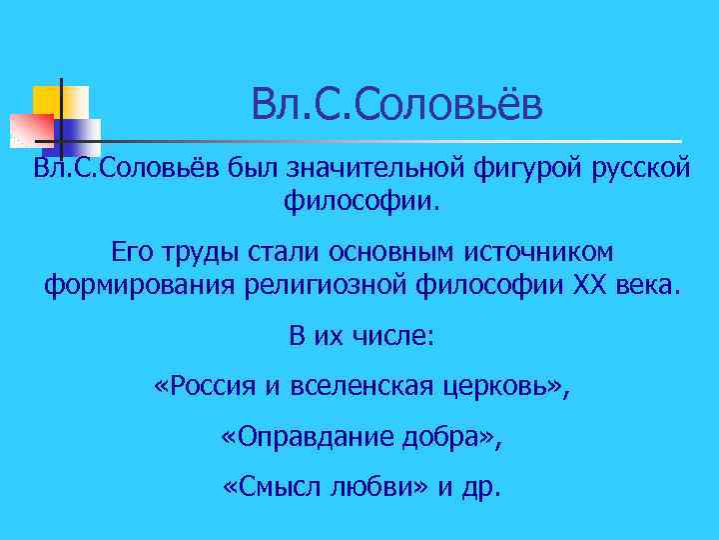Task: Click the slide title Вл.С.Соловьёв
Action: (x=396, y=104)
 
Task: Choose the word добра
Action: (x=448, y=439)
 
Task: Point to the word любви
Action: (x=370, y=489)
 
